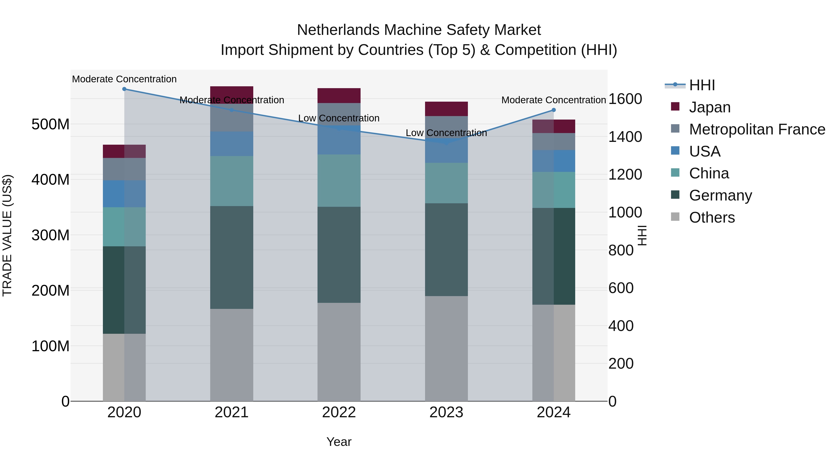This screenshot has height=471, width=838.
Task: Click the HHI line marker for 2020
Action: (x=124, y=89)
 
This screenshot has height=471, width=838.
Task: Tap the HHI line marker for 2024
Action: (x=554, y=110)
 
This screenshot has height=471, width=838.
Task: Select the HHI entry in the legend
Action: (x=702, y=85)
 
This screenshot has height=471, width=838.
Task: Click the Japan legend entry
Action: (x=710, y=107)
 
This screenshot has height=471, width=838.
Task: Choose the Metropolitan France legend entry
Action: (x=757, y=129)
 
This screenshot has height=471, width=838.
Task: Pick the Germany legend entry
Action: (x=720, y=195)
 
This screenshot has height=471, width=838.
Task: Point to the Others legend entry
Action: (x=712, y=217)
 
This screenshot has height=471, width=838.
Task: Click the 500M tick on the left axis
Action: (x=51, y=124)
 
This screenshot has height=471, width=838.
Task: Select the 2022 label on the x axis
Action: (x=339, y=412)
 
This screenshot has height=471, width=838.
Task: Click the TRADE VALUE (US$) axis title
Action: (x=7, y=235)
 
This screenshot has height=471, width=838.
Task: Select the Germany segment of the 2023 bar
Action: (x=446, y=250)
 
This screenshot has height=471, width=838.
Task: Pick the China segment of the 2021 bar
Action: (x=232, y=181)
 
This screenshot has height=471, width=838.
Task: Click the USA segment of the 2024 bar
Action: (x=554, y=161)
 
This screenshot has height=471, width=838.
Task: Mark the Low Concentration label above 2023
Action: (x=446, y=133)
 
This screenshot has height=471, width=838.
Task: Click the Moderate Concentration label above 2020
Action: (x=124, y=79)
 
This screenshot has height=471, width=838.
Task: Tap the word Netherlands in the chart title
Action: (x=338, y=30)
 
